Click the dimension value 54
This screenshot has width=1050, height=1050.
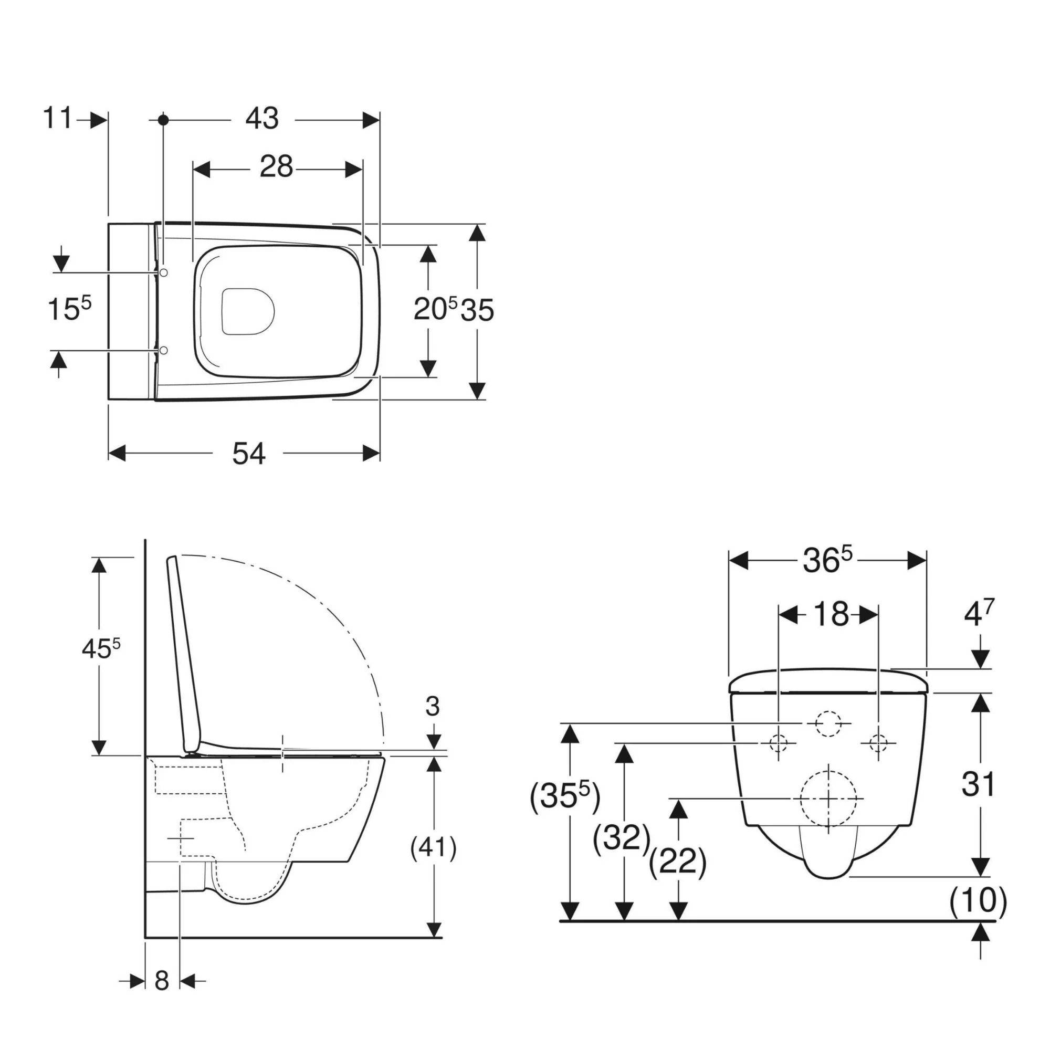249,453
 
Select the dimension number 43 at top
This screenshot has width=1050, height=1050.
262,118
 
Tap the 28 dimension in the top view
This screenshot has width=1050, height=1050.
277,167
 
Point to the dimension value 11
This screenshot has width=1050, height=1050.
57,118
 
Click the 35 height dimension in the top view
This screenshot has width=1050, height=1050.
477,310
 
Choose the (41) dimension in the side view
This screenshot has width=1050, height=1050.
433,847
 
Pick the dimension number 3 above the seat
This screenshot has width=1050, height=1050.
433,706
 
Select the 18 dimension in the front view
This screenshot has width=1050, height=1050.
831,614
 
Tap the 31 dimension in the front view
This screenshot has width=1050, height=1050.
978,784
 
